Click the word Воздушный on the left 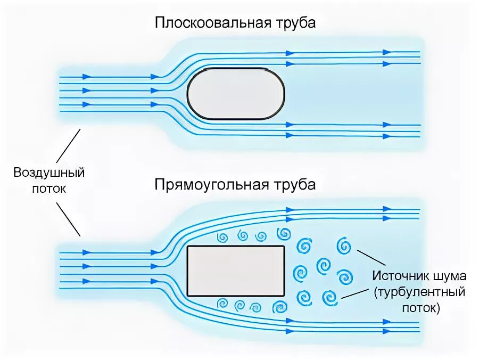tap(49, 173)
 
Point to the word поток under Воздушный tap(49, 188)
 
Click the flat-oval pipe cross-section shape tap(236, 93)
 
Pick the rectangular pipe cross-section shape tap(236, 271)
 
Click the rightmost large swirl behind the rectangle tap(344, 246)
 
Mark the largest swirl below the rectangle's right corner tap(280, 307)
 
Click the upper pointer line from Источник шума tap(371, 257)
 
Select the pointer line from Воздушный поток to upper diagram tap(69, 145)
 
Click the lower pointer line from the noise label tap(356, 291)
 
